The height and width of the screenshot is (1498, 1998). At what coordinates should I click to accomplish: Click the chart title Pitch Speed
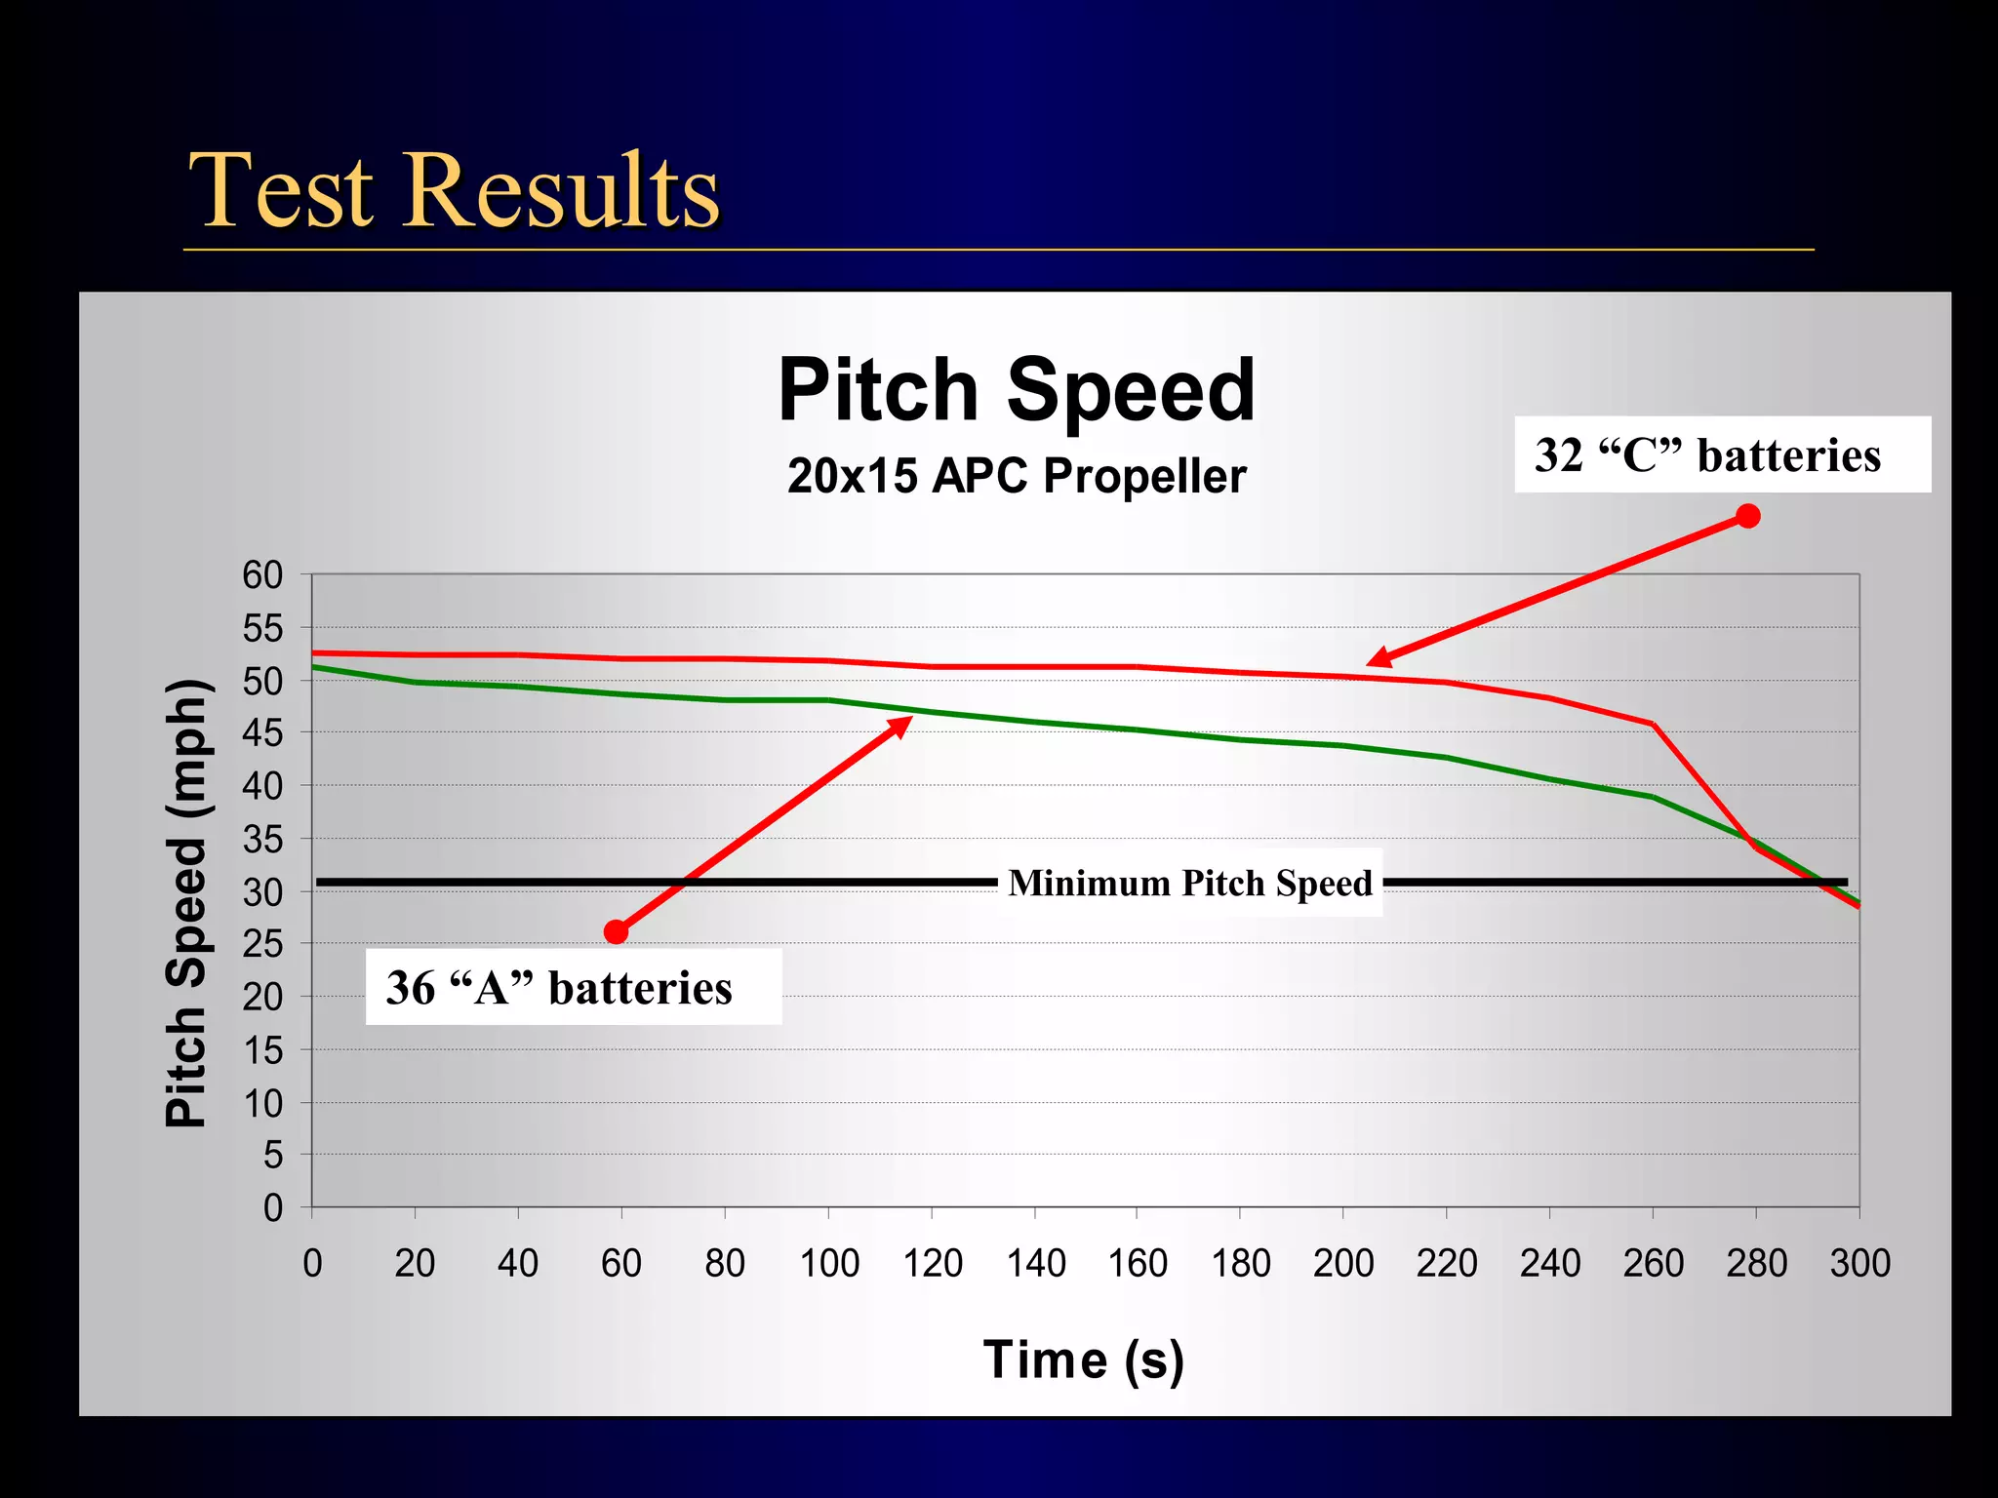[1016, 390]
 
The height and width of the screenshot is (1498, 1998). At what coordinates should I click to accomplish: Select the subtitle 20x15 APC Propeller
[1016, 477]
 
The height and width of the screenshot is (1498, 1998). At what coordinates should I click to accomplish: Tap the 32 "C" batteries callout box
[1722, 455]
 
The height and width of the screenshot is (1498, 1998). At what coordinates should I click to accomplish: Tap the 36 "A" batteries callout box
[573, 987]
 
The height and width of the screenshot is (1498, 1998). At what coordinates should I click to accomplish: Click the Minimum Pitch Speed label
[1189, 883]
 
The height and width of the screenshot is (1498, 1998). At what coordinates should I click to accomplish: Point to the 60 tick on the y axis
[262, 575]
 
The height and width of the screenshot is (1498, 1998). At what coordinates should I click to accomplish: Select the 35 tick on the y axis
[262, 839]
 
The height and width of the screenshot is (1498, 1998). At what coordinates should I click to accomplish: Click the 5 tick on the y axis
[272, 1156]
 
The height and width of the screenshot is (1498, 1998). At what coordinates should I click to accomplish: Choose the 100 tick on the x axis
[828, 1264]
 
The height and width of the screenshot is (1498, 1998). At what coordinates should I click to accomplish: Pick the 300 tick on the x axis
[1859, 1264]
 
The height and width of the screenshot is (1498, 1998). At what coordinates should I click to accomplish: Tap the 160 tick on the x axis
[1137, 1264]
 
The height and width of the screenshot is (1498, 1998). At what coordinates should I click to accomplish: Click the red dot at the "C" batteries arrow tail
[1747, 516]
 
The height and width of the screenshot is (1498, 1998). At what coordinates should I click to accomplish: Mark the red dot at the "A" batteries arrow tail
[616, 932]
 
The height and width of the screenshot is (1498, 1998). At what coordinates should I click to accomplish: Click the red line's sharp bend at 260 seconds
[1653, 725]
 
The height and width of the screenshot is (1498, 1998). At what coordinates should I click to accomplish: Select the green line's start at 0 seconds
[313, 667]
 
